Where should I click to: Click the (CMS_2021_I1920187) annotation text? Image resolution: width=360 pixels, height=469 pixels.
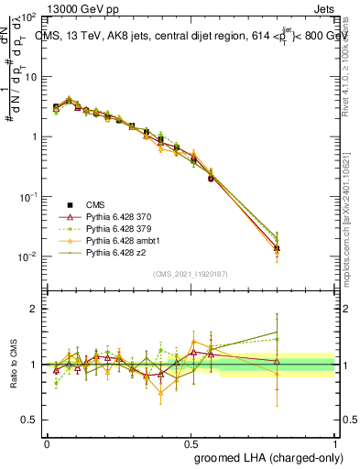coord(191,273)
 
